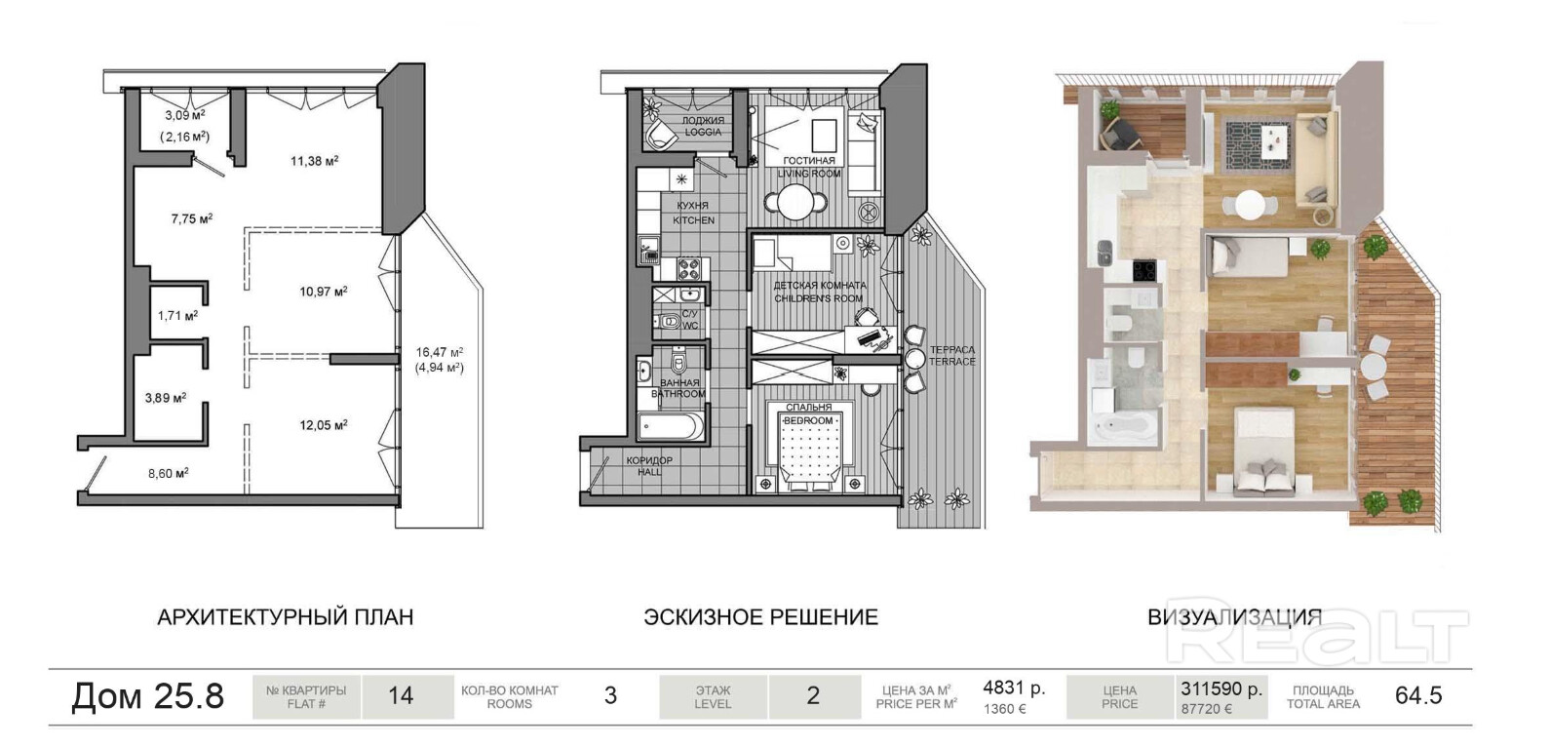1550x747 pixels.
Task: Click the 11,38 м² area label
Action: (314, 161)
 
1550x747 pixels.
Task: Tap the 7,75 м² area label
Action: (192, 218)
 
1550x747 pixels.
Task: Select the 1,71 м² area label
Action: (177, 316)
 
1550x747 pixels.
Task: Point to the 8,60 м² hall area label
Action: (168, 474)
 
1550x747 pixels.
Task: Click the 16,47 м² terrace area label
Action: (440, 352)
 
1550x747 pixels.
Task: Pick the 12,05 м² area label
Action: (323, 425)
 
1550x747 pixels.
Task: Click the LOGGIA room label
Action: (703, 132)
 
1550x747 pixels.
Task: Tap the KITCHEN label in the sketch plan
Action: (693, 220)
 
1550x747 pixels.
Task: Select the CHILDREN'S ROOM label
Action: (819, 298)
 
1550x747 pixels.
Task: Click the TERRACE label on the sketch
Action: (952, 362)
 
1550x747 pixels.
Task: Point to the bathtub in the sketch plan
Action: (670, 426)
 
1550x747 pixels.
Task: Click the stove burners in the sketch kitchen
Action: (688, 268)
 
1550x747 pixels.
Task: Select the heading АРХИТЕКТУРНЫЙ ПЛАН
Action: (285, 617)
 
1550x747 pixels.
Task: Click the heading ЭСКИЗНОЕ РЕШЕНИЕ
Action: (760, 617)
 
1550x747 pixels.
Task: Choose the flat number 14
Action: (401, 695)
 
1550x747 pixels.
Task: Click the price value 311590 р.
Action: (1221, 688)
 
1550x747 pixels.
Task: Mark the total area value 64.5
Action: (1418, 695)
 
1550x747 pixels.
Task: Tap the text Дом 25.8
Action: (148, 695)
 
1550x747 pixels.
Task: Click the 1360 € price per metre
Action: (1004, 710)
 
